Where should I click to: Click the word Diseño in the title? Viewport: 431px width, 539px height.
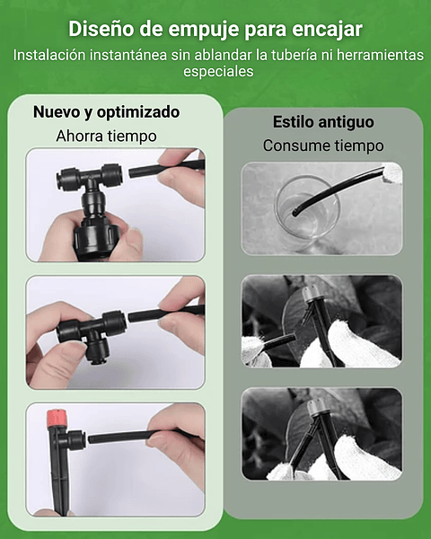(101, 30)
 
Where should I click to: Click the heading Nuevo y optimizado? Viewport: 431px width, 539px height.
(106, 112)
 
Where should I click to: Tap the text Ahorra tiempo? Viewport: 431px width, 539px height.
(106, 136)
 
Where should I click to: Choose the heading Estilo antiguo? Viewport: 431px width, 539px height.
(322, 121)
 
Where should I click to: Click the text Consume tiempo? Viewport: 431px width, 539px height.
(322, 145)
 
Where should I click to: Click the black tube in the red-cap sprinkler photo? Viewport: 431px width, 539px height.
(135, 437)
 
